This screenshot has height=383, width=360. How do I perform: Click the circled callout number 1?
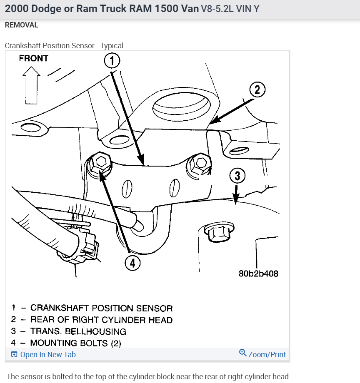click(112, 61)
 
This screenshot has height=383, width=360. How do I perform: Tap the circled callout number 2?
click(257, 90)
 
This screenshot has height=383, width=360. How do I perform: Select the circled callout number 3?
click(237, 176)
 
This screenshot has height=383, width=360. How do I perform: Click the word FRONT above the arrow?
click(34, 58)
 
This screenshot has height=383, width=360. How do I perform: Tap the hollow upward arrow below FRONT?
click(32, 85)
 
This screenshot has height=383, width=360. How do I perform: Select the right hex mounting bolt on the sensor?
click(199, 164)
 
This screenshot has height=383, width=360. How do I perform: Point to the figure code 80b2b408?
click(258, 274)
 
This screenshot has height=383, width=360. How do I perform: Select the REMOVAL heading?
click(22, 25)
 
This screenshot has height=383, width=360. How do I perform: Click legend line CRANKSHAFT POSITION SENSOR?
click(101, 308)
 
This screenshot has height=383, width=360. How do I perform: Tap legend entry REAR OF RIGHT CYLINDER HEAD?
click(101, 320)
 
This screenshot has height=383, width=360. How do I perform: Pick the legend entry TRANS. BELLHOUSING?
click(78, 331)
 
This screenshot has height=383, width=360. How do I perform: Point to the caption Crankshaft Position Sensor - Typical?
click(64, 46)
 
